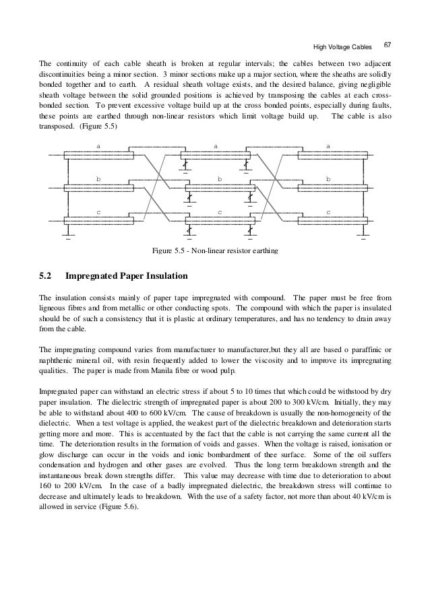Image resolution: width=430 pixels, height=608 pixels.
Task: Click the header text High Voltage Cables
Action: [343, 46]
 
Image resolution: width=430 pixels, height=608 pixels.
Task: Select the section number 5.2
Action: [46, 275]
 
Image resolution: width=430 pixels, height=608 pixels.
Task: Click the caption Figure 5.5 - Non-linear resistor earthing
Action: [215, 252]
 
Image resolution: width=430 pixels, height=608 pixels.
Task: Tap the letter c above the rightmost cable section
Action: [328, 211]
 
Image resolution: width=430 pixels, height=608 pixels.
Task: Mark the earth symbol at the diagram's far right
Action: [363, 237]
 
